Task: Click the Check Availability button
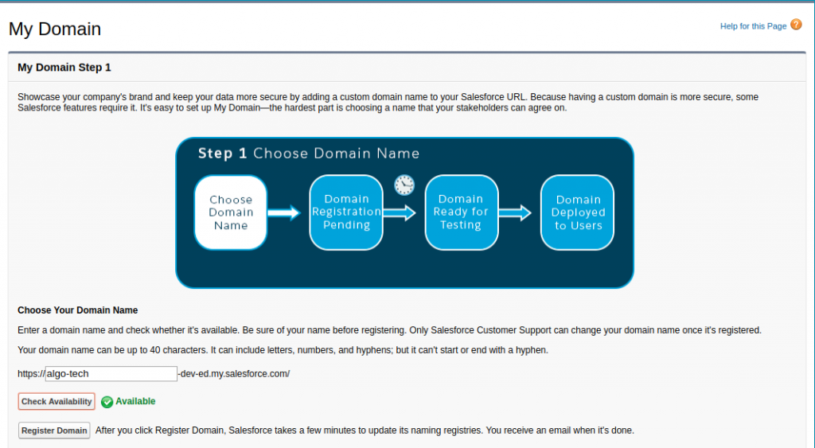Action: click(x=57, y=402)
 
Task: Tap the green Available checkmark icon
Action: click(x=107, y=402)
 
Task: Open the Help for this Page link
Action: click(x=753, y=26)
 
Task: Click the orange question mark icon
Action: click(x=796, y=25)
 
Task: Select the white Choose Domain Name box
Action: click(x=231, y=212)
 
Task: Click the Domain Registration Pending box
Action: click(x=346, y=212)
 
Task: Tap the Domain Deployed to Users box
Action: click(x=579, y=212)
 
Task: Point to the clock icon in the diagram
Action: click(x=404, y=185)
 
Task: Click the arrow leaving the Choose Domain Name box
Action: click(x=283, y=212)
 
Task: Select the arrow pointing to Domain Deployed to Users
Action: click(x=515, y=212)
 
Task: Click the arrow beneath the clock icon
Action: click(x=400, y=212)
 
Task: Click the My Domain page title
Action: click(x=55, y=29)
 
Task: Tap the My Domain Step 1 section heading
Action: click(x=64, y=68)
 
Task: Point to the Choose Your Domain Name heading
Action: click(x=77, y=310)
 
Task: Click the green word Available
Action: click(x=135, y=401)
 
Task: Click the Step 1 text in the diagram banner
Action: click(x=222, y=154)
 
